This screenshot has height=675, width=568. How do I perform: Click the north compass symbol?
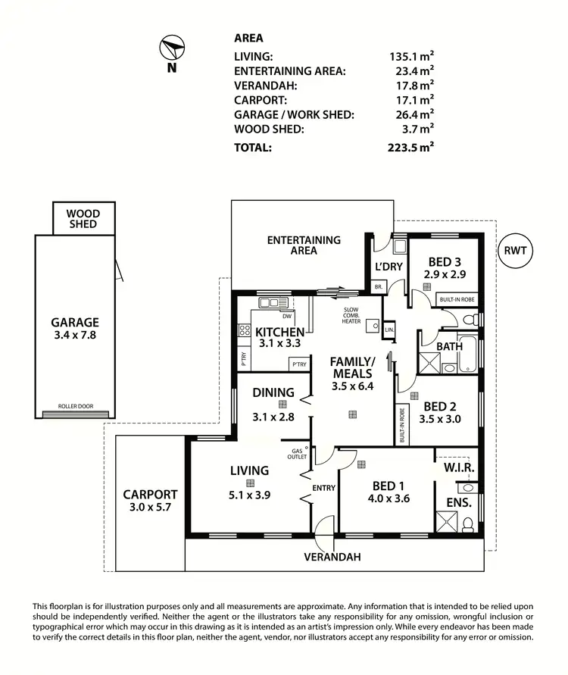pos(172,49)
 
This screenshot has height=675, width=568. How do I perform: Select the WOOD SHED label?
pos(83,219)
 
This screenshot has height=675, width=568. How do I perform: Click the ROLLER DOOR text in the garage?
pos(76,407)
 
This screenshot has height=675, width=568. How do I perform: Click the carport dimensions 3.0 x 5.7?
pos(150,508)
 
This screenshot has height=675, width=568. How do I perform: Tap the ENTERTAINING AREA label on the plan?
pos(303,245)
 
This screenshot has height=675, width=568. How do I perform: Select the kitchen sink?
pos(270,303)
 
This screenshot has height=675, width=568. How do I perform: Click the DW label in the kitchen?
pos(286,316)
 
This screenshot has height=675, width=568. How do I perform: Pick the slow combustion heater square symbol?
pos(372,326)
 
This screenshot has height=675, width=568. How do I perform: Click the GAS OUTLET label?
pos(296,455)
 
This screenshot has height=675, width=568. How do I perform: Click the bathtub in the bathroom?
pos(469,356)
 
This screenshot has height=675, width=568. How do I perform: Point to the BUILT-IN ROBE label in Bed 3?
pos(457,301)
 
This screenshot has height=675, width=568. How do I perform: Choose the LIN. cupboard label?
pos(389,331)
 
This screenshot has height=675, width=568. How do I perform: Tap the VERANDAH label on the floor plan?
pos(332,557)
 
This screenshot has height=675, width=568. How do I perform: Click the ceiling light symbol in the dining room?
pos(282,405)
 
